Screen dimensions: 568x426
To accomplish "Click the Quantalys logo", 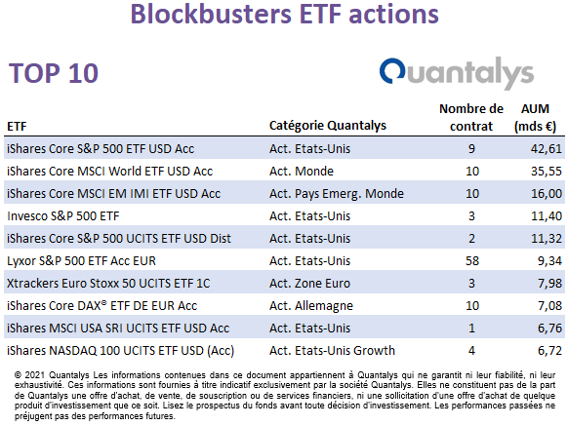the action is point(457,73).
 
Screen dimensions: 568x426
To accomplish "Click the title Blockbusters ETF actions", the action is point(284,14).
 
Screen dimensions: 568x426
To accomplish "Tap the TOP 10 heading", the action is point(54,73).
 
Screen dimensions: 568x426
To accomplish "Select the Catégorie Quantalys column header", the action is point(328,126).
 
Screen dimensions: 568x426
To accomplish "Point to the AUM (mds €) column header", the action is point(535,118).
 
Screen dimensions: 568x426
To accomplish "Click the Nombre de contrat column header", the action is point(471,118).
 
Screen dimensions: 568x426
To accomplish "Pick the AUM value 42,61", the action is point(547,149).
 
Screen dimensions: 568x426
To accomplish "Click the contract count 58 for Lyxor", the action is point(472,261).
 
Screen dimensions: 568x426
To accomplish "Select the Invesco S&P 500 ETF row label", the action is point(63,216).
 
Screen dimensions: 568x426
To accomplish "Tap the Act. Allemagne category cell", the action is point(310,306).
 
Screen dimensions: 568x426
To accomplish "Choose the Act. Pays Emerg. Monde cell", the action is point(336,194).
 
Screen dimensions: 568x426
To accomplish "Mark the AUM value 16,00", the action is point(547,194).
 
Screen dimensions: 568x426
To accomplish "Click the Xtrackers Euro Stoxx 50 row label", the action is point(108,284).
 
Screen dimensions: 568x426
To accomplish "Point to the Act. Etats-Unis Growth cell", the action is point(332,351).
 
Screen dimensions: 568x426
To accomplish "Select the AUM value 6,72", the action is point(549,351).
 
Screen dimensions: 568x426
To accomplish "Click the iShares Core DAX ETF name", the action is point(101,306).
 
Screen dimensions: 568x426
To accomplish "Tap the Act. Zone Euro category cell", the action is point(309,284).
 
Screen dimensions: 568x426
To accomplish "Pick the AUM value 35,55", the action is point(547,172).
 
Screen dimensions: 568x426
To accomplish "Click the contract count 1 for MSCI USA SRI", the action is point(471,329).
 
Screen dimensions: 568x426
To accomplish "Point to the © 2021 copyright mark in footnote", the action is point(30,375).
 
